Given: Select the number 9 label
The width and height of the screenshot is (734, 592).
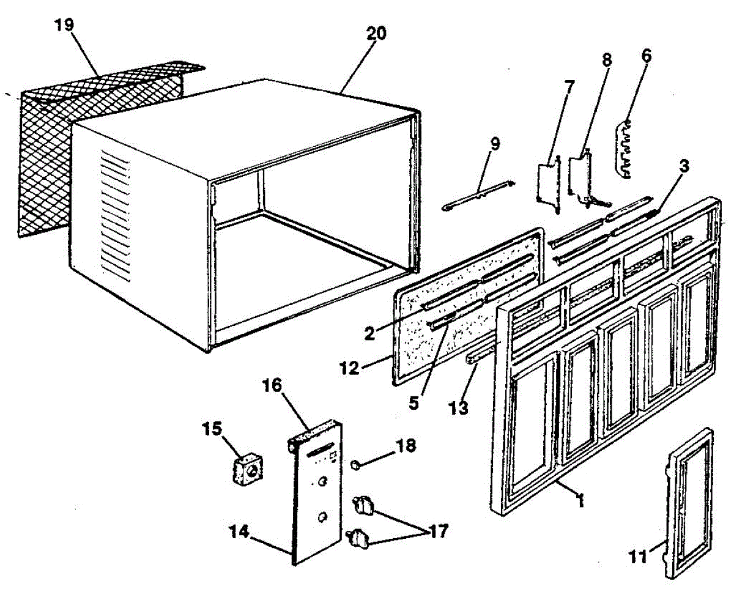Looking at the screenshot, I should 495,144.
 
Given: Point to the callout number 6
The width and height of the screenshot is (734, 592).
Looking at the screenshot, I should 646,56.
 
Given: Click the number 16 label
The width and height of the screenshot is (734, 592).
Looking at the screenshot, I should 273,385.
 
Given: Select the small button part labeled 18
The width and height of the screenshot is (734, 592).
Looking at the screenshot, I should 354,466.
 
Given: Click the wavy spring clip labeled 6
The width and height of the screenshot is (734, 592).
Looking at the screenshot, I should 624,150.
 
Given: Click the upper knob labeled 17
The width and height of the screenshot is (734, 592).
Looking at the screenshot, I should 366,505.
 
